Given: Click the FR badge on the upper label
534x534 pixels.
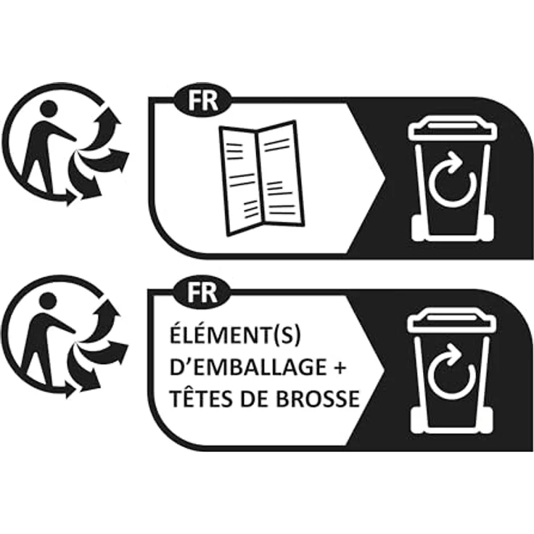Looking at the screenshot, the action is tap(202, 100).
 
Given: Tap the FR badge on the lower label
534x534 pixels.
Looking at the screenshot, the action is tap(202, 292).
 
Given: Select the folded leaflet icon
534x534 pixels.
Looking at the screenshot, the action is tap(261, 178).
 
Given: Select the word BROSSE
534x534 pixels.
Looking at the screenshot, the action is tap(318, 398).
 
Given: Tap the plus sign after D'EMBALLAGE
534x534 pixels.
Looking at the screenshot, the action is tap(338, 367).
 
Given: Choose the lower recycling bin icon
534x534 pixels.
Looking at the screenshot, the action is tap(452, 371).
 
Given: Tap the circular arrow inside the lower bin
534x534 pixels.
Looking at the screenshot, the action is tap(452, 372).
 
